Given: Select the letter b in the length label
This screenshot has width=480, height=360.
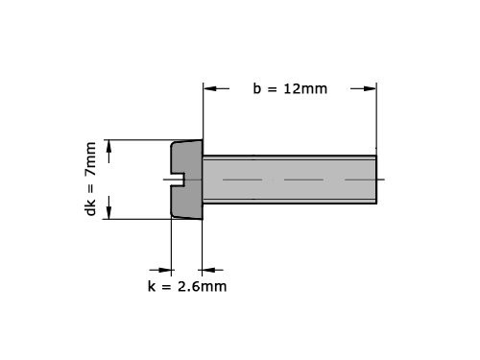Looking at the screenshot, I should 257,88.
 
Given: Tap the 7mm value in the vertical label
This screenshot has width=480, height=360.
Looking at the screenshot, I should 91,158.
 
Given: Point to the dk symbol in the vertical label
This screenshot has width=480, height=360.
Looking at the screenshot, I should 91,206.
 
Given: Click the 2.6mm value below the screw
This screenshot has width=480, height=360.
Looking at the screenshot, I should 203,286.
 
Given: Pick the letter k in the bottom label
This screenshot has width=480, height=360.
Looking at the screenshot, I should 152,286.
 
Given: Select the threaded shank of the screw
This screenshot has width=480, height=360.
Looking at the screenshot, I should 288,180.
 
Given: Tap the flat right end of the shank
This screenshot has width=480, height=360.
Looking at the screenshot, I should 375,180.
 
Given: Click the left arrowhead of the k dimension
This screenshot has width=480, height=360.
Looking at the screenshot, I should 165,270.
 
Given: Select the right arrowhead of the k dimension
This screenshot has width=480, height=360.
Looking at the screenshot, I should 209,270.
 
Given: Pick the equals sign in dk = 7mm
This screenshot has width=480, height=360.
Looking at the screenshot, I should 91,184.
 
